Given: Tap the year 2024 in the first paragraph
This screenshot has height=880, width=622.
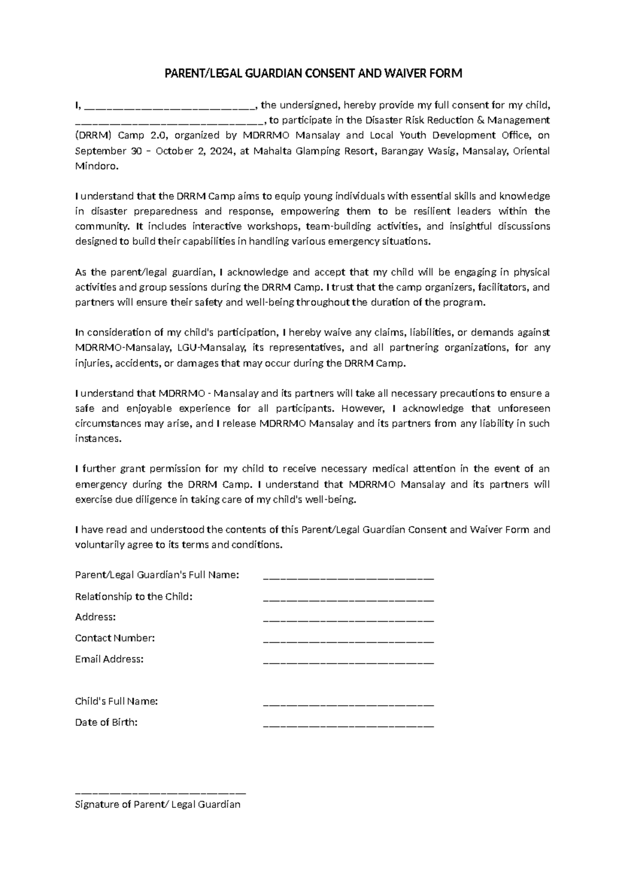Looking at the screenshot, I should [x=223, y=151].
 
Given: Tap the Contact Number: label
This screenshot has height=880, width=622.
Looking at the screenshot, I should [x=115, y=638].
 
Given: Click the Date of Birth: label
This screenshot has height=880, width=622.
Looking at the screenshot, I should [x=106, y=722].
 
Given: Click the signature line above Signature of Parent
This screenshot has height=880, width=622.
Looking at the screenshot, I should [x=160, y=792].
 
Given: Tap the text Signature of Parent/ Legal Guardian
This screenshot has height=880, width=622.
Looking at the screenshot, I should [x=158, y=805].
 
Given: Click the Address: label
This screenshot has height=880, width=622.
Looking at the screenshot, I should [x=95, y=617].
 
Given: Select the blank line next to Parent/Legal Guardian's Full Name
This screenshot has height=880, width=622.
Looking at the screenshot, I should [x=348, y=577].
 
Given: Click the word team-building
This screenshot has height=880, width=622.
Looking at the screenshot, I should [x=338, y=226].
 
